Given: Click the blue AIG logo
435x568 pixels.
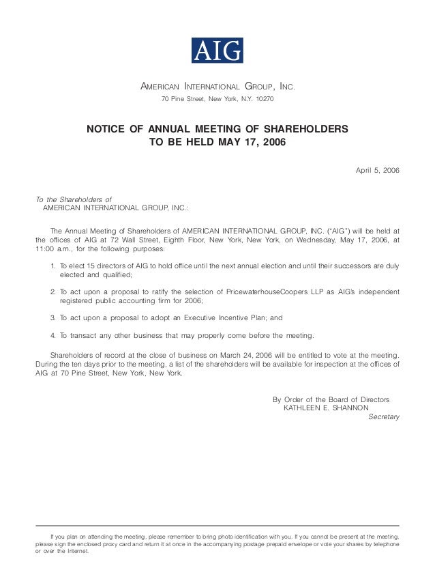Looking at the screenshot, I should [216, 51].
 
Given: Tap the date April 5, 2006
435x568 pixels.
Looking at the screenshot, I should [378, 169].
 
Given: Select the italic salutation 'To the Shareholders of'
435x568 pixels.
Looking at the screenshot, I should [73, 199].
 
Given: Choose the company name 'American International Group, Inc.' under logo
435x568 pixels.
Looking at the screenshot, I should [216, 87].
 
